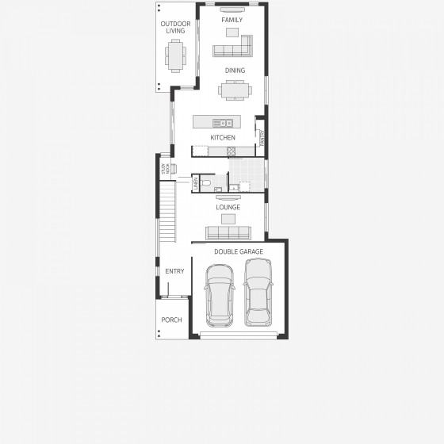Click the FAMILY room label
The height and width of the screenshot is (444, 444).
232,20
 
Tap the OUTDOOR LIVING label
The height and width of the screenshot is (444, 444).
175,27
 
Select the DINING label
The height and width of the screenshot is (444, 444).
235,71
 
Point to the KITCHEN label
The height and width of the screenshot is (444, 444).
223,138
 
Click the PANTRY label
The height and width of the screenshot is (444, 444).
261,138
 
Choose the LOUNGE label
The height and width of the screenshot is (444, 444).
228,208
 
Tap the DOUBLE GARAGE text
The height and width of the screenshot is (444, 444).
239,251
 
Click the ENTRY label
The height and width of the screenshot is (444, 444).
174,271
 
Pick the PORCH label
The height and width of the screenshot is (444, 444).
172,320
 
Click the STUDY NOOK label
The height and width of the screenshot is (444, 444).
165,168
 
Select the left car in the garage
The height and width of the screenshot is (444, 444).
219,295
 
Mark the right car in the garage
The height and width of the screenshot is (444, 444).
258,293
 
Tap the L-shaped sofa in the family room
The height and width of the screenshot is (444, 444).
232,49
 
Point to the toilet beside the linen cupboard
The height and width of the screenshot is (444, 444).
205,184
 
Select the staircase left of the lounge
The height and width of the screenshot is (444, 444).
166,212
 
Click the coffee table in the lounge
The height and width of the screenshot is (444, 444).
228,218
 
